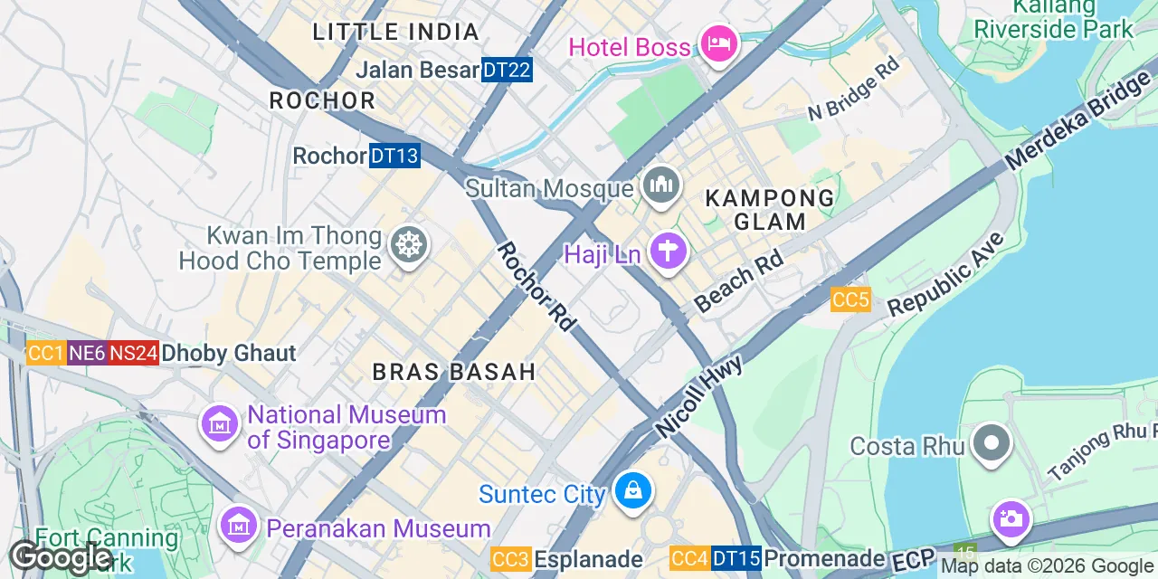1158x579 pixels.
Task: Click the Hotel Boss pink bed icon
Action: point(719,43)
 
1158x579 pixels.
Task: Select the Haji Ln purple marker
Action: point(669,250)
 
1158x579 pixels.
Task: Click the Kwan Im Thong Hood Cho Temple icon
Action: point(409,244)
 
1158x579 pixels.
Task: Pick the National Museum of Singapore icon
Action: point(219,423)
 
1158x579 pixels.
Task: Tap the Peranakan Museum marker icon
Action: point(239,525)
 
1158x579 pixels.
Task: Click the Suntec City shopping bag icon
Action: point(632,491)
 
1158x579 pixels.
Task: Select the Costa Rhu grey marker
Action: point(992,444)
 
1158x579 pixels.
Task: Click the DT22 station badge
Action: point(507,70)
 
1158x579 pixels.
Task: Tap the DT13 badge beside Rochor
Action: point(395,156)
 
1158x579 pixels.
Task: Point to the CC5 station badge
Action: point(850,299)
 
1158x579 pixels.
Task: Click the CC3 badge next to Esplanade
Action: point(510,559)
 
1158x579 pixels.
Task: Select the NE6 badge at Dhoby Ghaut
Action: point(87,353)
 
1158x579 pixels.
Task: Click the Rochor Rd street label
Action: point(536,286)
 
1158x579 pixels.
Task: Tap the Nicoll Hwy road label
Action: point(699,396)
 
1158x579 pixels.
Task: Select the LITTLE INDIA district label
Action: point(395,33)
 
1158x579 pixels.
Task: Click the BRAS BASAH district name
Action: point(455,372)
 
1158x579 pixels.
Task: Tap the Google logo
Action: point(62,557)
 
